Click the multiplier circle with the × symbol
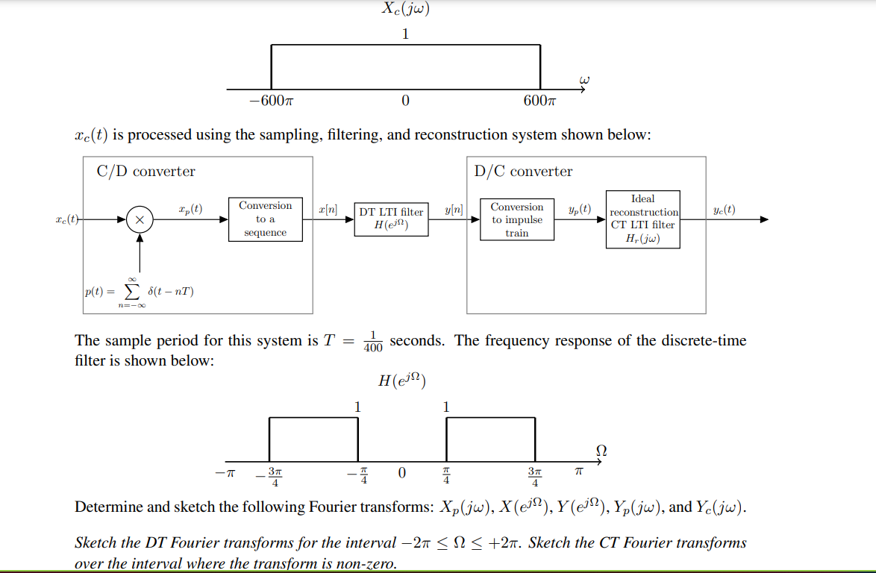click(x=139, y=220)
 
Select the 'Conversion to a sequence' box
click(x=265, y=219)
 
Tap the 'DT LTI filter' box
click(x=391, y=219)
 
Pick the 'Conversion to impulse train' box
click(x=517, y=219)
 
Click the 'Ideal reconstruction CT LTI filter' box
click(x=642, y=219)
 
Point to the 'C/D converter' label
click(x=146, y=172)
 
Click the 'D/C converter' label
click(x=523, y=172)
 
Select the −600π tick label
click(x=270, y=101)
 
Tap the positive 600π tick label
click(x=539, y=101)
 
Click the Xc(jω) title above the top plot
click(x=405, y=10)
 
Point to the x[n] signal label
click(x=328, y=211)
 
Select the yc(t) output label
click(x=724, y=210)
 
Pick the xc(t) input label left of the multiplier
click(x=67, y=220)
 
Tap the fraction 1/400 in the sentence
click(x=372, y=341)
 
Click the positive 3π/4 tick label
click(x=534, y=476)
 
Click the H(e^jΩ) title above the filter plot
click(x=401, y=381)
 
